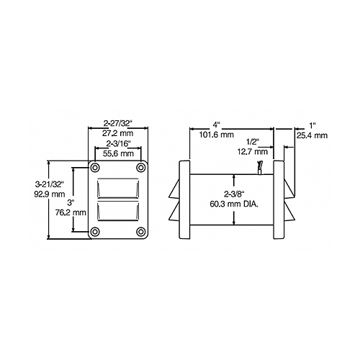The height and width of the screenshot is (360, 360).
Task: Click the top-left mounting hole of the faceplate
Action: pos(95,168)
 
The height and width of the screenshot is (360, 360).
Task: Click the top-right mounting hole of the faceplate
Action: pos(141,168)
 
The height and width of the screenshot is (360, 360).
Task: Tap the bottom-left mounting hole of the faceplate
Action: pos(95,232)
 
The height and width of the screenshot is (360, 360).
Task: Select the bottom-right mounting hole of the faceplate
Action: pos(141,232)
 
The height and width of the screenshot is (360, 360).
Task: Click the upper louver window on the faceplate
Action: pos(118,188)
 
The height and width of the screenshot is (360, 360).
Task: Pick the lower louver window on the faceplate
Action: pos(118,210)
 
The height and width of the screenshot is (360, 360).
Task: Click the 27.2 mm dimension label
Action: pos(118,132)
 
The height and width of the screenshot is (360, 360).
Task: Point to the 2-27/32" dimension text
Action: pos(118,124)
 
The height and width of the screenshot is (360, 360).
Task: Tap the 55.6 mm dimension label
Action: pos(118,153)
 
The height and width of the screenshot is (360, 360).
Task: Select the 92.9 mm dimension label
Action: pos(50,194)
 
